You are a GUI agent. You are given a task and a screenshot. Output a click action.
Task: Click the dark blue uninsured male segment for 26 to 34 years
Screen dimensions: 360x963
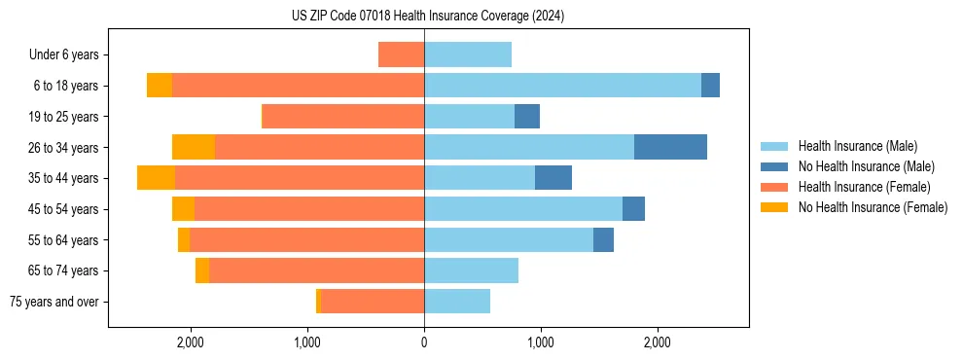670,147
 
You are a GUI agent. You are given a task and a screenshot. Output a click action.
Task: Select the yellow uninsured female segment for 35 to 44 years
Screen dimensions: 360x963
156,178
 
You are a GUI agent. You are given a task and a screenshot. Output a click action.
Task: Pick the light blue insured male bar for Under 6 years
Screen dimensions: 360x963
468,54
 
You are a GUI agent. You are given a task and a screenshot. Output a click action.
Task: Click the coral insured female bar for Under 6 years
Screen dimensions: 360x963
401,54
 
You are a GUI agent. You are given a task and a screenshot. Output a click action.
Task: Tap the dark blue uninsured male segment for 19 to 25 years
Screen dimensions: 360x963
527,117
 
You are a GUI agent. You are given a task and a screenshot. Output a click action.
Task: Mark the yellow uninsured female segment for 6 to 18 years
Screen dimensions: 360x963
160,86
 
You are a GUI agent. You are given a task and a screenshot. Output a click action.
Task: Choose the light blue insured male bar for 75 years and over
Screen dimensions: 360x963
457,302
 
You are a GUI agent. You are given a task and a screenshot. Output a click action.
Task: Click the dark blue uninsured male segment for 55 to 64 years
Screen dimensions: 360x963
603,239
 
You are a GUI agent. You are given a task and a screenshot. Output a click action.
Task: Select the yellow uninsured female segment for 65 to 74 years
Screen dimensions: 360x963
202,270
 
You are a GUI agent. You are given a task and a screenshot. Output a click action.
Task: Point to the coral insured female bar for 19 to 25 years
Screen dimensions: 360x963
343,117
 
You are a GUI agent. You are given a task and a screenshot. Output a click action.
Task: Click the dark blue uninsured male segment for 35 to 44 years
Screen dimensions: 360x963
553,178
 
